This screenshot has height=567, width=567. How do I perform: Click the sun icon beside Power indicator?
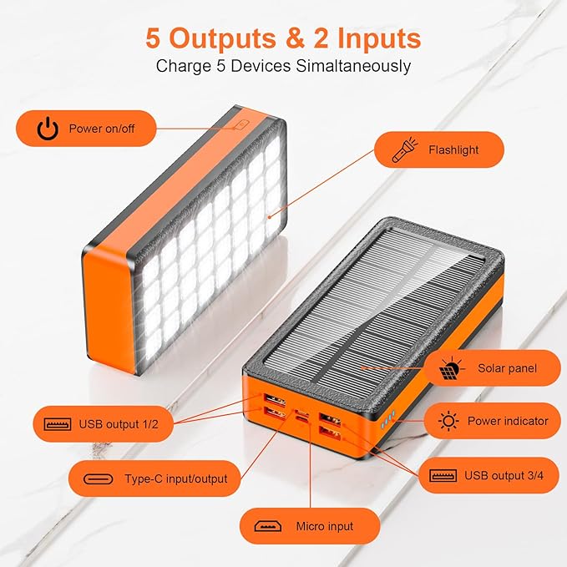click(448, 421)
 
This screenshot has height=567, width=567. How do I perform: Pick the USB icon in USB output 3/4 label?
click(443, 475)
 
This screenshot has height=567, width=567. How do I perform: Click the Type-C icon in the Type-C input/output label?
click(105, 479)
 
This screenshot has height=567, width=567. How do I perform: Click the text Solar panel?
click(507, 368)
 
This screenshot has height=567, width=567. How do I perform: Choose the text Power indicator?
click(508, 421)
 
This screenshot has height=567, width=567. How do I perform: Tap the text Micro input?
click(324, 526)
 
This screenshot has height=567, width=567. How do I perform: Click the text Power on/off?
click(102, 129)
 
